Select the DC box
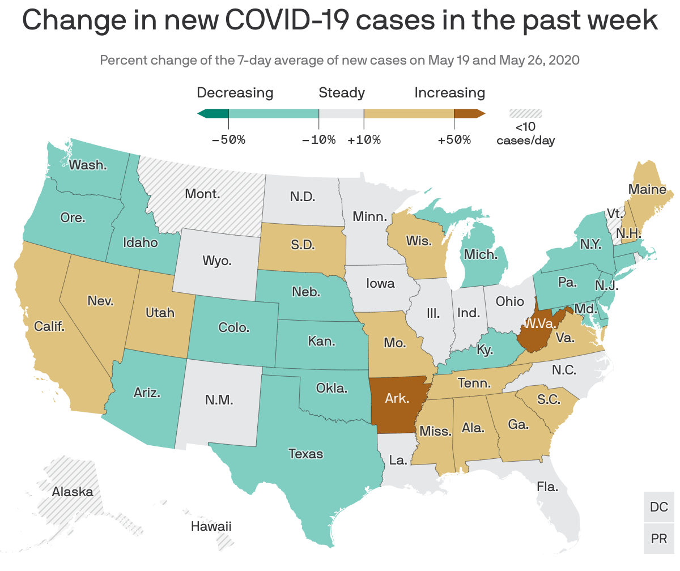click(x=659, y=507)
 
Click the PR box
click(x=659, y=539)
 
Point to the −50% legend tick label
click(x=228, y=139)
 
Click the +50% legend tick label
click(x=454, y=139)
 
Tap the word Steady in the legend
click(x=342, y=92)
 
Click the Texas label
click(x=305, y=454)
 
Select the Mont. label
click(x=202, y=194)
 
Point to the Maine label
click(x=647, y=190)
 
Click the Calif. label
click(x=49, y=326)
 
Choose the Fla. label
click(x=547, y=486)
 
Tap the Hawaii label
click(x=211, y=526)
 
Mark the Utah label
click(x=160, y=312)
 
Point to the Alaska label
click(x=73, y=492)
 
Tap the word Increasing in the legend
click(x=449, y=92)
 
